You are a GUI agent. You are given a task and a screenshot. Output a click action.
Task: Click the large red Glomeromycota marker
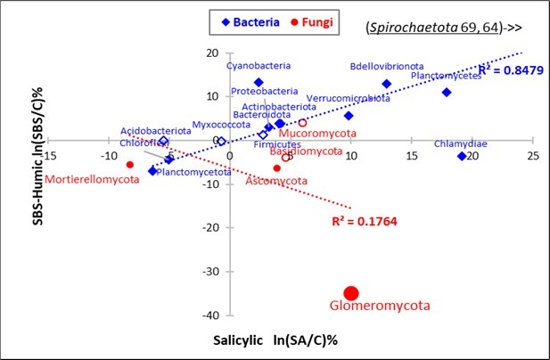[351, 293]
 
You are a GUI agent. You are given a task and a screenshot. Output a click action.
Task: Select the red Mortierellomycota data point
[130, 164]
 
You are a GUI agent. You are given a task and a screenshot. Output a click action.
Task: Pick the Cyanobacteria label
[257, 66]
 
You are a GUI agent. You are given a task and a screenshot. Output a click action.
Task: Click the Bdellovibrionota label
[387, 66]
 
